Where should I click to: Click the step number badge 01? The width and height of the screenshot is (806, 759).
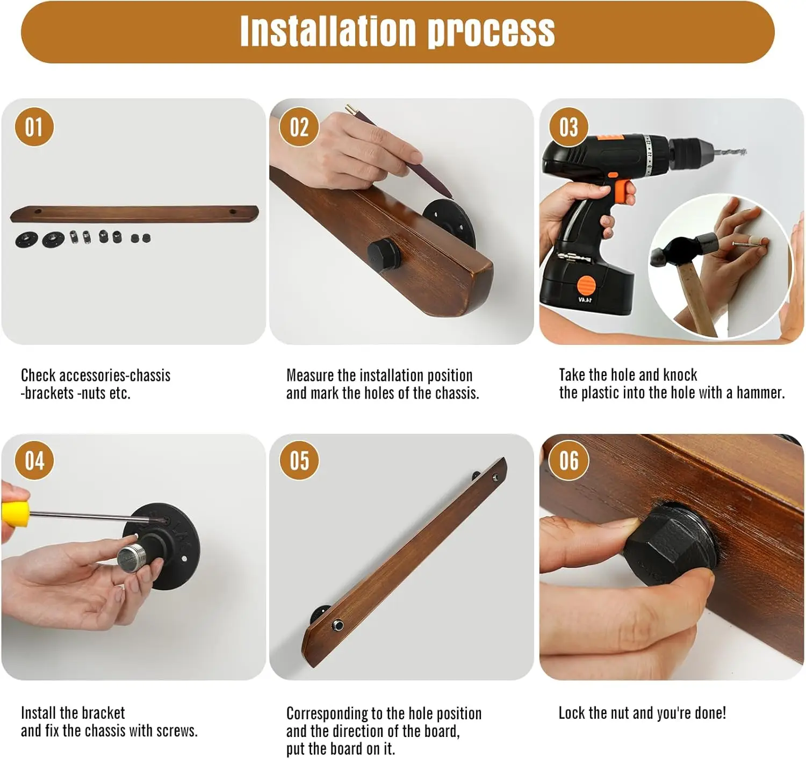34,127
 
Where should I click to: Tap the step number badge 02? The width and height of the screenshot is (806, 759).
299,127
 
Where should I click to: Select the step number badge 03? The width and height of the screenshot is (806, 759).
568,127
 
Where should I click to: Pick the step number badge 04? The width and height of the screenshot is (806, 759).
34,460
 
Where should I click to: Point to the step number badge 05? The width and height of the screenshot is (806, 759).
299,460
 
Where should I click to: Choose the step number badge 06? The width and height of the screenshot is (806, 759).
568,460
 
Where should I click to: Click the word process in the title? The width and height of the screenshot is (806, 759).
492,33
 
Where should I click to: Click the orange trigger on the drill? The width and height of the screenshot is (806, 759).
624,191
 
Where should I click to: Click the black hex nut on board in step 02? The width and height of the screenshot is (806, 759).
384,254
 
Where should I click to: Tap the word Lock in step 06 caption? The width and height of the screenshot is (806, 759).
571,713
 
